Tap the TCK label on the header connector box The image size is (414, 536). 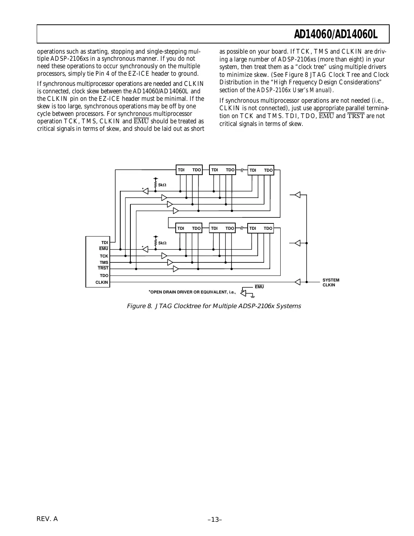104,256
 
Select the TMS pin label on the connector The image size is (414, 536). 104,262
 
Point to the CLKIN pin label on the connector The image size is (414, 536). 102,282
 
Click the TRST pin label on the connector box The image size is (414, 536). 103,268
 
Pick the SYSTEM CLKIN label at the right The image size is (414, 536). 330,283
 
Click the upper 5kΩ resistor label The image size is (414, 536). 162,185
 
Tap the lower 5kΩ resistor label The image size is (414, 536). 162,243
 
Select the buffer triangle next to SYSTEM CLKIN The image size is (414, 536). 297,282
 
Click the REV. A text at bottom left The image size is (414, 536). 47,519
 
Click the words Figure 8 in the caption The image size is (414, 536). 139,306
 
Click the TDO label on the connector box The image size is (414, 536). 104,275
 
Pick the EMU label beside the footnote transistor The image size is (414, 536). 259,287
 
